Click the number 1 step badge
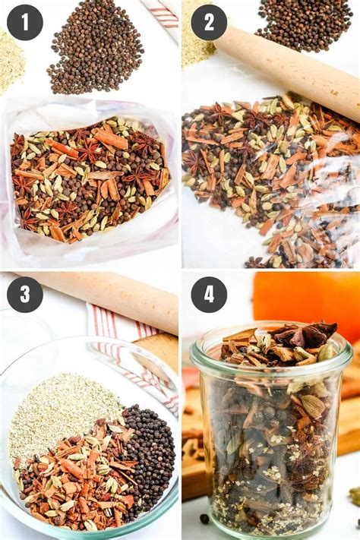[x=24, y=23]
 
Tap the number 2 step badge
[x=209, y=23]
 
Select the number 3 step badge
[x=24, y=294]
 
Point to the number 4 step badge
[x=209, y=294]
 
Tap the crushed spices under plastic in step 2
[x=270, y=182]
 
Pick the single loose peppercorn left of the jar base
[x=205, y=519]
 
